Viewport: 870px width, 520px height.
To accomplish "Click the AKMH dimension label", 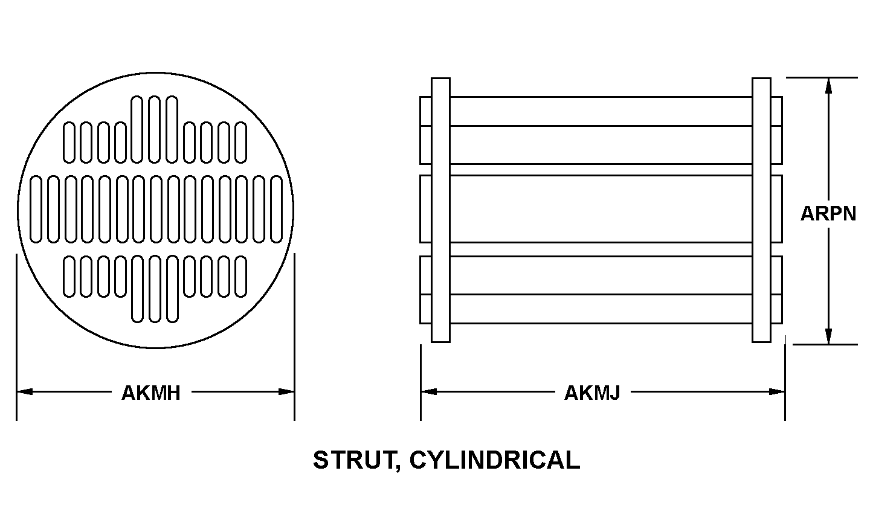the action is click(x=151, y=393).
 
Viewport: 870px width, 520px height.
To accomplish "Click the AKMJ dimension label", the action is click(x=592, y=393).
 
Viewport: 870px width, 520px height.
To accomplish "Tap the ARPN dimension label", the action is click(x=828, y=214).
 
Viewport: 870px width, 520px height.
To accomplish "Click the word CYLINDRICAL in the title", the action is click(x=495, y=460).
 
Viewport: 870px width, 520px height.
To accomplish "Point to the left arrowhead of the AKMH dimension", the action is click(x=24, y=391).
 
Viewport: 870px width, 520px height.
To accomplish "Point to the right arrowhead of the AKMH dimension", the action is click(x=286, y=391).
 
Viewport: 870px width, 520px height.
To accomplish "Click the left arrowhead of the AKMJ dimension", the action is click(x=429, y=391).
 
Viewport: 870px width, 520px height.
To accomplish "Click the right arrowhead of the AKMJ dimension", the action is click(x=777, y=391).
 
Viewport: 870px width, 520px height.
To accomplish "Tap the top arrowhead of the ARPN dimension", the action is click(x=828, y=86).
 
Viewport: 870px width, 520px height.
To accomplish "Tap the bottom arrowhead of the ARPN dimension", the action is click(x=828, y=336).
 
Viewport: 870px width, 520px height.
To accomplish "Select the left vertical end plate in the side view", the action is click(x=441, y=210).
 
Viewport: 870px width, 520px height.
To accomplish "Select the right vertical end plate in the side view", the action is click(x=762, y=210).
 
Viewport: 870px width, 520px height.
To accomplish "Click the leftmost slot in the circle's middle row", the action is click(x=36, y=210).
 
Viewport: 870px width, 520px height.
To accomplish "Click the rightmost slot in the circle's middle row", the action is click(x=277, y=210).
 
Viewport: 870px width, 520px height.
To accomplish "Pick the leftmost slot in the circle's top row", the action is click(x=69, y=142).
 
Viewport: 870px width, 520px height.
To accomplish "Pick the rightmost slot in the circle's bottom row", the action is click(x=241, y=277).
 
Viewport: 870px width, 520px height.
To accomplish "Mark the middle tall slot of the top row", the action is click(x=155, y=129).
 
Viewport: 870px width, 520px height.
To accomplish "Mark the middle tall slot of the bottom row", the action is click(x=155, y=289).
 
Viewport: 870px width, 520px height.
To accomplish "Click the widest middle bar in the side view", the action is click(x=601, y=209).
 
